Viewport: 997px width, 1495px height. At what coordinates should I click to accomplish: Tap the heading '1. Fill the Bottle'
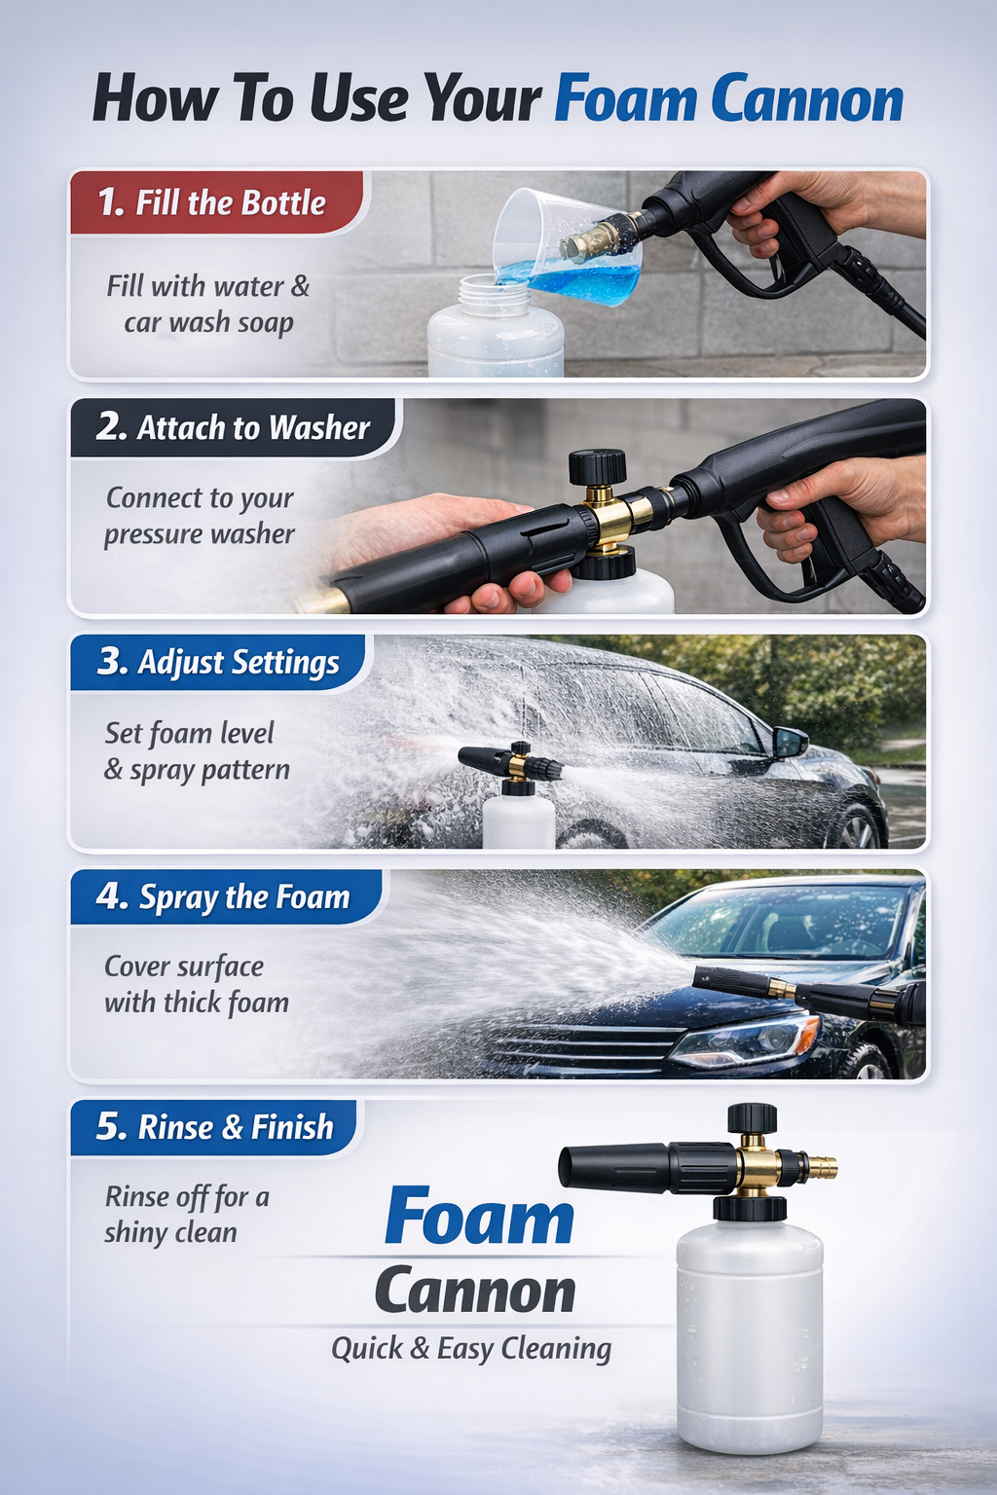211,202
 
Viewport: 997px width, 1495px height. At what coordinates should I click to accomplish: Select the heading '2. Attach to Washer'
233,427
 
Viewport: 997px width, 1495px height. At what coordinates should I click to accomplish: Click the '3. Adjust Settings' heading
218,663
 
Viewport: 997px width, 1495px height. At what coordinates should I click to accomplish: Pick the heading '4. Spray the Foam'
222,897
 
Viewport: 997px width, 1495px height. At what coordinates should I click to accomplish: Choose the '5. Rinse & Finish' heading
214,1127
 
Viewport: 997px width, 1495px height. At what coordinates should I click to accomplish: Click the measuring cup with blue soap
568,247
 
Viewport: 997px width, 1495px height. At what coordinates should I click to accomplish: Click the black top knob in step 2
597,466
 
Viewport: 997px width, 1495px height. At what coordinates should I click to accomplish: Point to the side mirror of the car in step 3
790,742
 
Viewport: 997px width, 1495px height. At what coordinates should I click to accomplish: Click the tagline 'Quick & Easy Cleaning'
471,1349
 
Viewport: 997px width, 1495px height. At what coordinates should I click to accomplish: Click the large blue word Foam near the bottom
479,1216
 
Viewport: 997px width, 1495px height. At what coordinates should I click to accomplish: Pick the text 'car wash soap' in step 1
209,323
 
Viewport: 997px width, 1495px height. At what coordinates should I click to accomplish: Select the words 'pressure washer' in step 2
199,534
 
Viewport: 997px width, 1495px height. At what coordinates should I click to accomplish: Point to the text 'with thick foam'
197,1003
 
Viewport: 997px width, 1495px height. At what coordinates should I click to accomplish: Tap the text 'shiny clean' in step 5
171,1233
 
